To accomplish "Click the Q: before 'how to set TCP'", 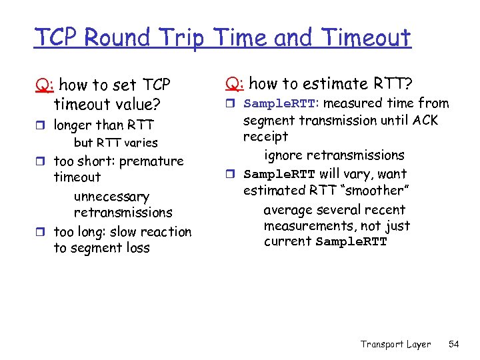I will pos(45,86).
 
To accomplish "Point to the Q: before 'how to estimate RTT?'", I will pos(234,84).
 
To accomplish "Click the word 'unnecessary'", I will pos(111,197).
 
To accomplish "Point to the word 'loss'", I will pos(137,248).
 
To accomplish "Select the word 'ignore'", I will pos(285,155).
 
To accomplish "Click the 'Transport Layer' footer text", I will pos(395,344).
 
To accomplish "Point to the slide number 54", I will pos(454,344).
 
